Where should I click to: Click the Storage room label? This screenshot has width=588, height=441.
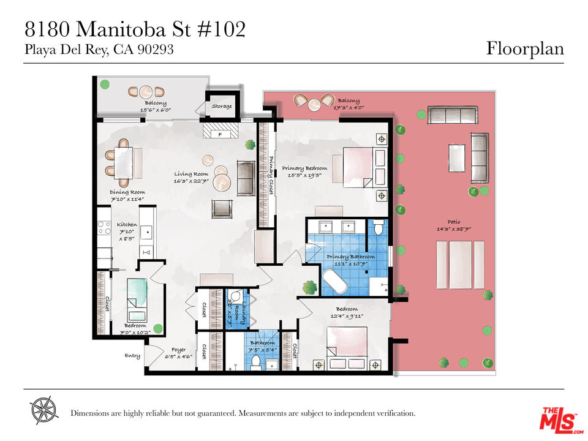click(x=222, y=107)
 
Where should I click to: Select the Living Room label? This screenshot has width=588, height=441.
click(x=190, y=174)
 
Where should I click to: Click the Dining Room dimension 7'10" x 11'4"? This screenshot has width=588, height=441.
click(x=127, y=198)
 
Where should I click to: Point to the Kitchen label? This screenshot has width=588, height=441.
click(x=127, y=224)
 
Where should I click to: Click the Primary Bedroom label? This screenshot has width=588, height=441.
click(x=304, y=168)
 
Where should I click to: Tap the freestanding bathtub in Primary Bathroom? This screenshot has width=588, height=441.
click(x=334, y=279)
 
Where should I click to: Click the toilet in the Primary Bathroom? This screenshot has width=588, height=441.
click(x=378, y=228)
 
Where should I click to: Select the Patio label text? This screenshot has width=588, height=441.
click(x=453, y=222)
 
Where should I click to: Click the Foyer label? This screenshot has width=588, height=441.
click(x=178, y=350)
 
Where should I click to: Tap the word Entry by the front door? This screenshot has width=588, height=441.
click(x=132, y=355)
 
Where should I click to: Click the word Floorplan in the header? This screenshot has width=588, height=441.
click(x=525, y=48)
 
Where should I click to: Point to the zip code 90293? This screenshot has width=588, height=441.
click(x=156, y=50)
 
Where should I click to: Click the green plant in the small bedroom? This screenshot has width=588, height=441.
click(x=157, y=328)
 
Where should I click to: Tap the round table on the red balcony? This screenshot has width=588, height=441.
click(x=314, y=105)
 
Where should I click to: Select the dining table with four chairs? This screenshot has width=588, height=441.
click(x=123, y=161)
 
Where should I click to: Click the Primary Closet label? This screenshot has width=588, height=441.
click(x=270, y=176)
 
